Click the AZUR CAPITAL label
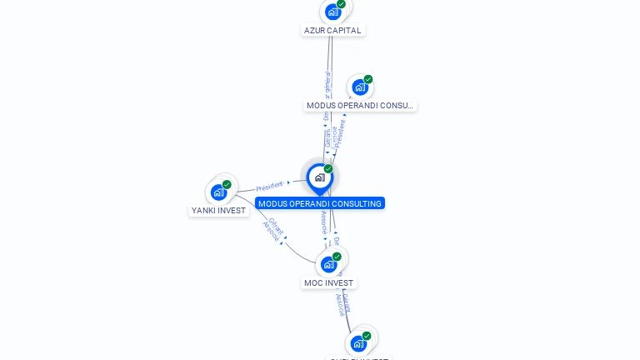(332, 30)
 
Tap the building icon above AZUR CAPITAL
(332, 12)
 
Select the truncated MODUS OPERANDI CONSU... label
(360, 105)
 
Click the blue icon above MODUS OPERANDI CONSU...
(359, 87)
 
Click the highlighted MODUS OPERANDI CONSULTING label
(320, 203)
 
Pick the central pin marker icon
(319, 177)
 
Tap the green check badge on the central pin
(328, 168)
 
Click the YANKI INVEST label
(219, 210)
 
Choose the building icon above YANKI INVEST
(218, 192)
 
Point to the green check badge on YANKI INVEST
(227, 184)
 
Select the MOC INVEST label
(328, 282)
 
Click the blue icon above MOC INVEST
(328, 264)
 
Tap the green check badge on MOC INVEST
(337, 256)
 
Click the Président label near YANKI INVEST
(270, 186)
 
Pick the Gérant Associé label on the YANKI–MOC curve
(273, 229)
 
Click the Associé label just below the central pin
(324, 222)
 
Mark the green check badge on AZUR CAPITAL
(341, 3)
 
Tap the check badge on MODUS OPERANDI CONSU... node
(367, 79)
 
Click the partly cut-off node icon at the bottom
(358, 343)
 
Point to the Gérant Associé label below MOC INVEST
(342, 303)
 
